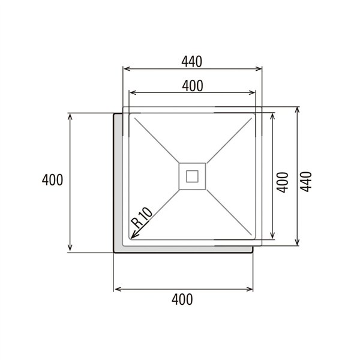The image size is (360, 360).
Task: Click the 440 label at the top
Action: [192, 61]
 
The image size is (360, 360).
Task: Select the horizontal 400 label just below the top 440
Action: [192, 86]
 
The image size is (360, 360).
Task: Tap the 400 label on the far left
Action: [53, 180]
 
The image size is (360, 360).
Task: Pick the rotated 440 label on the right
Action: [307, 180]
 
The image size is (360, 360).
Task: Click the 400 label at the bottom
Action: [182, 299]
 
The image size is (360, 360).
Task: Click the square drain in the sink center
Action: [193, 176]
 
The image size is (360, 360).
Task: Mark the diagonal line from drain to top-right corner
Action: [228, 140]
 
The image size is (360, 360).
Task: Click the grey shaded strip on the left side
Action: [118, 180]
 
